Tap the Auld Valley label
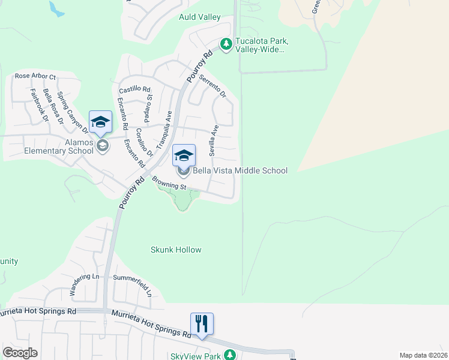[200, 17]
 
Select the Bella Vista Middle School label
[240, 171]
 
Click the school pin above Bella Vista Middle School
[184, 155]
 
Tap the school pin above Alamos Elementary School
[100, 122]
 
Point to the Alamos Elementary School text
[59, 146]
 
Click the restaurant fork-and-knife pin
[202, 324]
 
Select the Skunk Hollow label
[176, 250]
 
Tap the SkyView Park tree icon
[229, 355]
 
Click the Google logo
[20, 353]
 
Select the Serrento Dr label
[213, 86]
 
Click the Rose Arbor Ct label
[35, 77]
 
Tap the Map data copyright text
[424, 355]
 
